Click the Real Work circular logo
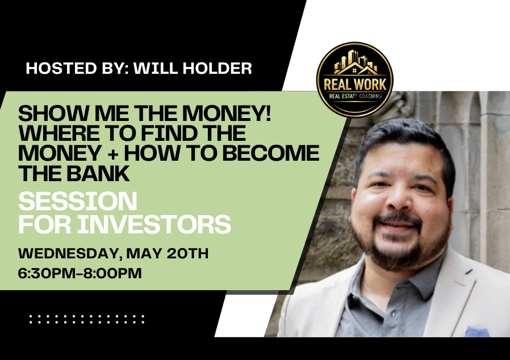[354, 80]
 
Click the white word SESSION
[77, 201]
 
